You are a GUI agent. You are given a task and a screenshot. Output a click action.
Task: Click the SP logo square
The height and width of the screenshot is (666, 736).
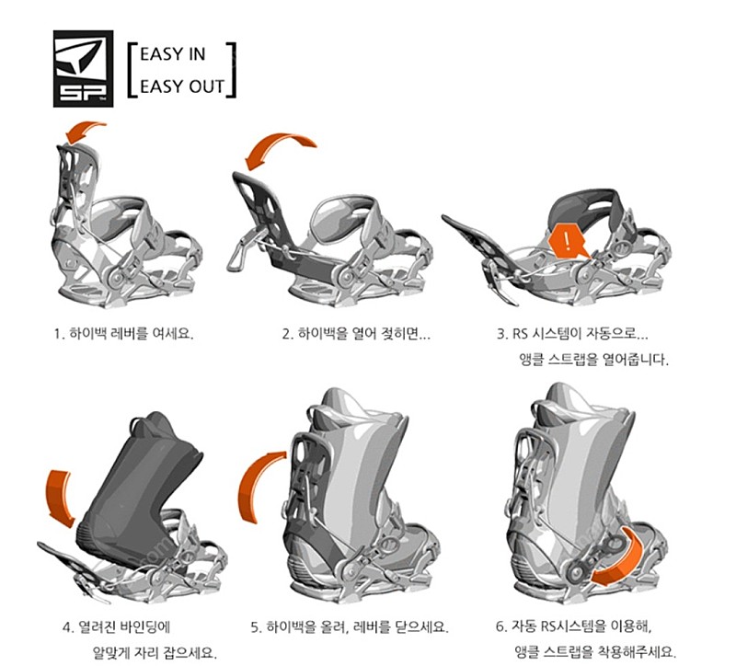click(x=83, y=68)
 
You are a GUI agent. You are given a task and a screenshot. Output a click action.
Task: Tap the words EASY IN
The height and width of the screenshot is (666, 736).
click(x=173, y=54)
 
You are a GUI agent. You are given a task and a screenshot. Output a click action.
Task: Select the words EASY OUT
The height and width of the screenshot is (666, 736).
click(x=182, y=86)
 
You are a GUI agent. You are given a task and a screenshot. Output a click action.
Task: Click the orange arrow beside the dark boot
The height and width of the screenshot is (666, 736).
click(x=60, y=497)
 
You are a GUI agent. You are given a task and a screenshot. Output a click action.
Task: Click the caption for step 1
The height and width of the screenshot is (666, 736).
click(x=123, y=334)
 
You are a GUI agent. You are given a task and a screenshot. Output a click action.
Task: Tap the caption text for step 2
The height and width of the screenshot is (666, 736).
click(x=356, y=334)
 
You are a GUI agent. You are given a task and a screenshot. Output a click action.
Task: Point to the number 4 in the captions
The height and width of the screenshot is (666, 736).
click(x=67, y=627)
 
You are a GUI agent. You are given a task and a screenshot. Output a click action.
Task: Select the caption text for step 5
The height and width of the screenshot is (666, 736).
click(x=350, y=627)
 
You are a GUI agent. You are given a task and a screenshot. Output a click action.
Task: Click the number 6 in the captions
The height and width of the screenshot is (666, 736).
click(x=500, y=626)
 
